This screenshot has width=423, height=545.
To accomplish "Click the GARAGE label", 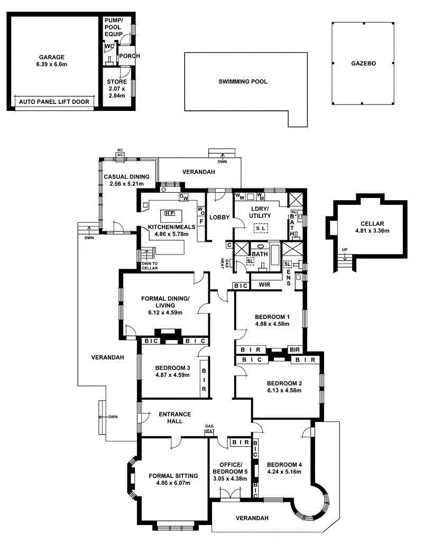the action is [x=51, y=57].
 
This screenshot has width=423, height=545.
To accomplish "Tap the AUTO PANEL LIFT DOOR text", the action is [x=54, y=101].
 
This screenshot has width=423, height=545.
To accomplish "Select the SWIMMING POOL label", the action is [x=243, y=82].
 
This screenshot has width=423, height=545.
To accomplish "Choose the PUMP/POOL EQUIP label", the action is [x=113, y=27].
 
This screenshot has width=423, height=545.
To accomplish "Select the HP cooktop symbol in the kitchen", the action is [x=169, y=213].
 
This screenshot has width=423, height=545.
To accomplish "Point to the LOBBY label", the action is [x=218, y=217].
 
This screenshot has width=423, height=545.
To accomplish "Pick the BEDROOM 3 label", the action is [x=172, y=368].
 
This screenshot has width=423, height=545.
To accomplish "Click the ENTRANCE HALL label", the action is [x=174, y=417].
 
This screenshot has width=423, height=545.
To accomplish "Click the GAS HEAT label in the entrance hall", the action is [x=209, y=429].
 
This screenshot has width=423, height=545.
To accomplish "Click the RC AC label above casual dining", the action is [x=120, y=153].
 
